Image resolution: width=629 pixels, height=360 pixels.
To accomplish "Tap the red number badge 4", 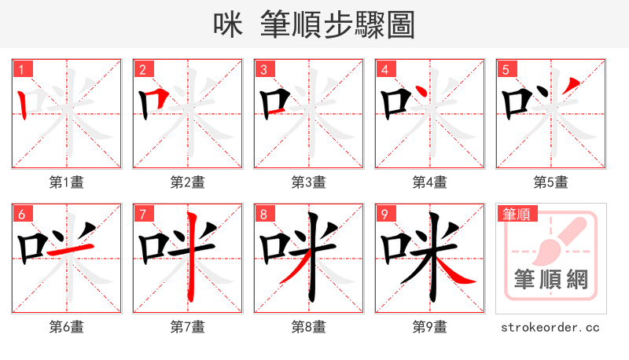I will point(385,69).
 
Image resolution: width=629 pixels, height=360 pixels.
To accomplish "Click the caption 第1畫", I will point(67,182).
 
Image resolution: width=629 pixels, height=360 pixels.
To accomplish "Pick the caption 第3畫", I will point(309,182).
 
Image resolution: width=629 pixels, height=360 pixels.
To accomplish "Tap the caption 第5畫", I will point(551,182).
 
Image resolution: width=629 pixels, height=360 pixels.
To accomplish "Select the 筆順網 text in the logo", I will point(551,279).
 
